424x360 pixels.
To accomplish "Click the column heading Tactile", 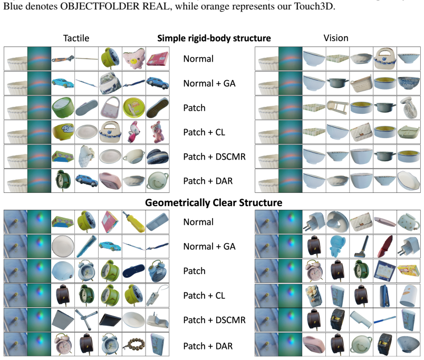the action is point(76,38).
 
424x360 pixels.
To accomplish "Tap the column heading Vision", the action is point(336,38).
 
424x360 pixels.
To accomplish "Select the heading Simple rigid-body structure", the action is point(214,38).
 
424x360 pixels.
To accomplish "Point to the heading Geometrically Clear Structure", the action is point(214,203).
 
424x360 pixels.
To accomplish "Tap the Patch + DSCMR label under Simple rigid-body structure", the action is point(214,157).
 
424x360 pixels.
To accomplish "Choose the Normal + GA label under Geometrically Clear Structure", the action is point(209,247).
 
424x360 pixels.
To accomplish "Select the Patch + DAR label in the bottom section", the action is point(208,346).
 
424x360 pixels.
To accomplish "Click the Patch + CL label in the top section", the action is point(204,132).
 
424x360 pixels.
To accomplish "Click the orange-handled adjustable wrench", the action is point(63,59).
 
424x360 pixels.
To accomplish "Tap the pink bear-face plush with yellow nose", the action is point(134,59).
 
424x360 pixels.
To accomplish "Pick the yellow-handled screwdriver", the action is point(134,222).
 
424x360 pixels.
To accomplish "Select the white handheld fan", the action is point(409,108).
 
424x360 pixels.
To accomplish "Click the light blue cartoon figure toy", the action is point(338,247).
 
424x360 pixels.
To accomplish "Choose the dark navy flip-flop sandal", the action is point(134,271).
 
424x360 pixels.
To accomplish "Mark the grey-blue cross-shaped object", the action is point(86,320).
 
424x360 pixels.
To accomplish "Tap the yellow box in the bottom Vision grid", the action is point(408,270).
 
